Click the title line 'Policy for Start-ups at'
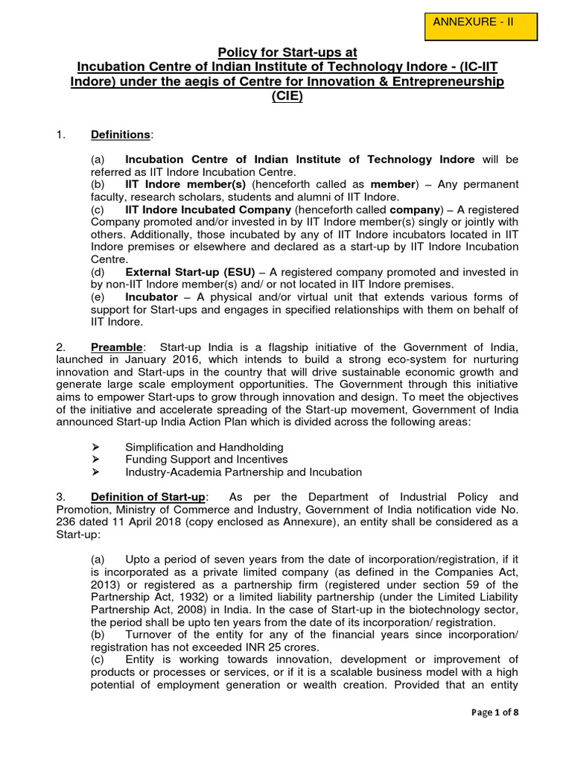(x=287, y=52)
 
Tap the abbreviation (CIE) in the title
(x=287, y=96)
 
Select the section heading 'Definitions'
(x=121, y=134)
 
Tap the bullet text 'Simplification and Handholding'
(x=204, y=447)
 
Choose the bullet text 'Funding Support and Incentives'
(x=206, y=460)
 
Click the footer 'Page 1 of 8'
(x=496, y=712)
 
